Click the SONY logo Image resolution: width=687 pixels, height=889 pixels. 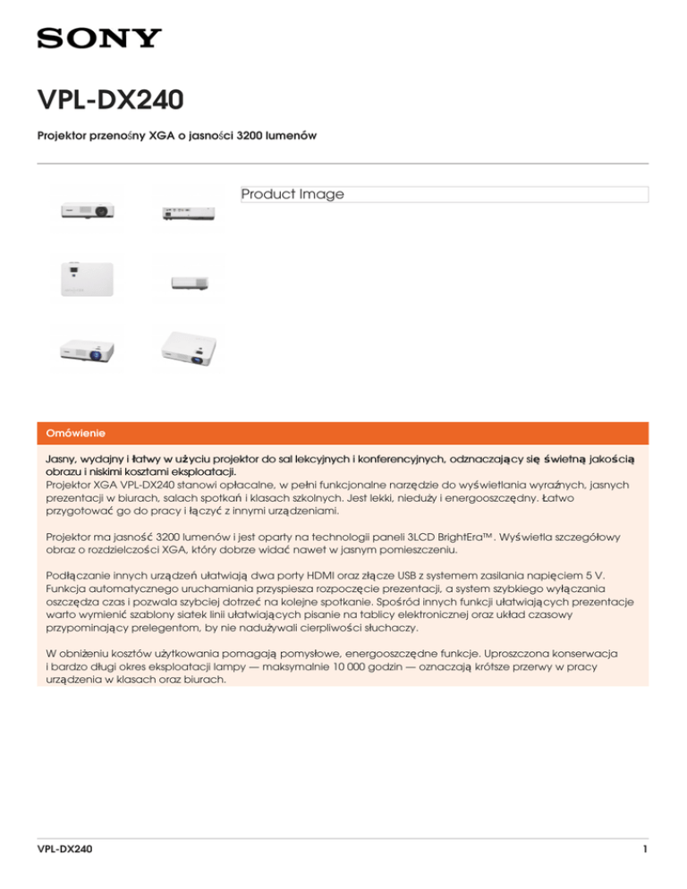pyautogui.click(x=98, y=38)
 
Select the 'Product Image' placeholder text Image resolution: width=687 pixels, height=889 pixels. pyautogui.click(x=293, y=194)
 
